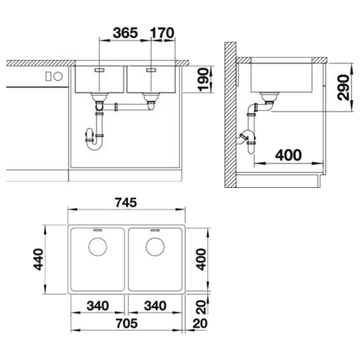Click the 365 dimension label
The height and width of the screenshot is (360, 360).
pos(125,33)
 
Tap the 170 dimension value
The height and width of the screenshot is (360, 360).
pos(162,33)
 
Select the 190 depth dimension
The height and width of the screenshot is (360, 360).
pos(204,79)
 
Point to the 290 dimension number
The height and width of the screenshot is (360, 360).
pos(343,87)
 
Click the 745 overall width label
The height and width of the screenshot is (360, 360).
pos(126,202)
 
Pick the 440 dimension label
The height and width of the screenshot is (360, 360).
pos(38,259)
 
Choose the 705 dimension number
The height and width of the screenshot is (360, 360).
pos(127,323)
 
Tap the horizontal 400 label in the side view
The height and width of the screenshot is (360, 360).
pos(288,156)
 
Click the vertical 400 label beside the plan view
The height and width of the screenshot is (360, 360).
pos(201,259)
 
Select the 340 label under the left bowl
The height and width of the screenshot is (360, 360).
pos(98,306)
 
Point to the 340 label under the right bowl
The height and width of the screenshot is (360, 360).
pos(156,306)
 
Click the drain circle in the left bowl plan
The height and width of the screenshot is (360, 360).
pos(98,247)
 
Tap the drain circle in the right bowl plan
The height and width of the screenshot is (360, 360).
pos(155,247)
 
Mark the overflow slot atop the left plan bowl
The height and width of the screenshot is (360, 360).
pos(98,230)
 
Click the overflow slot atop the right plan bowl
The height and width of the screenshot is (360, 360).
pos(155,230)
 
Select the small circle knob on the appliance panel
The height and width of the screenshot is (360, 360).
pos(58,76)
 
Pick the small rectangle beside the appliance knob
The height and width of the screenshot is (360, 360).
pos(48,76)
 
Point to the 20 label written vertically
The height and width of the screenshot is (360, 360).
pos(202,307)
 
